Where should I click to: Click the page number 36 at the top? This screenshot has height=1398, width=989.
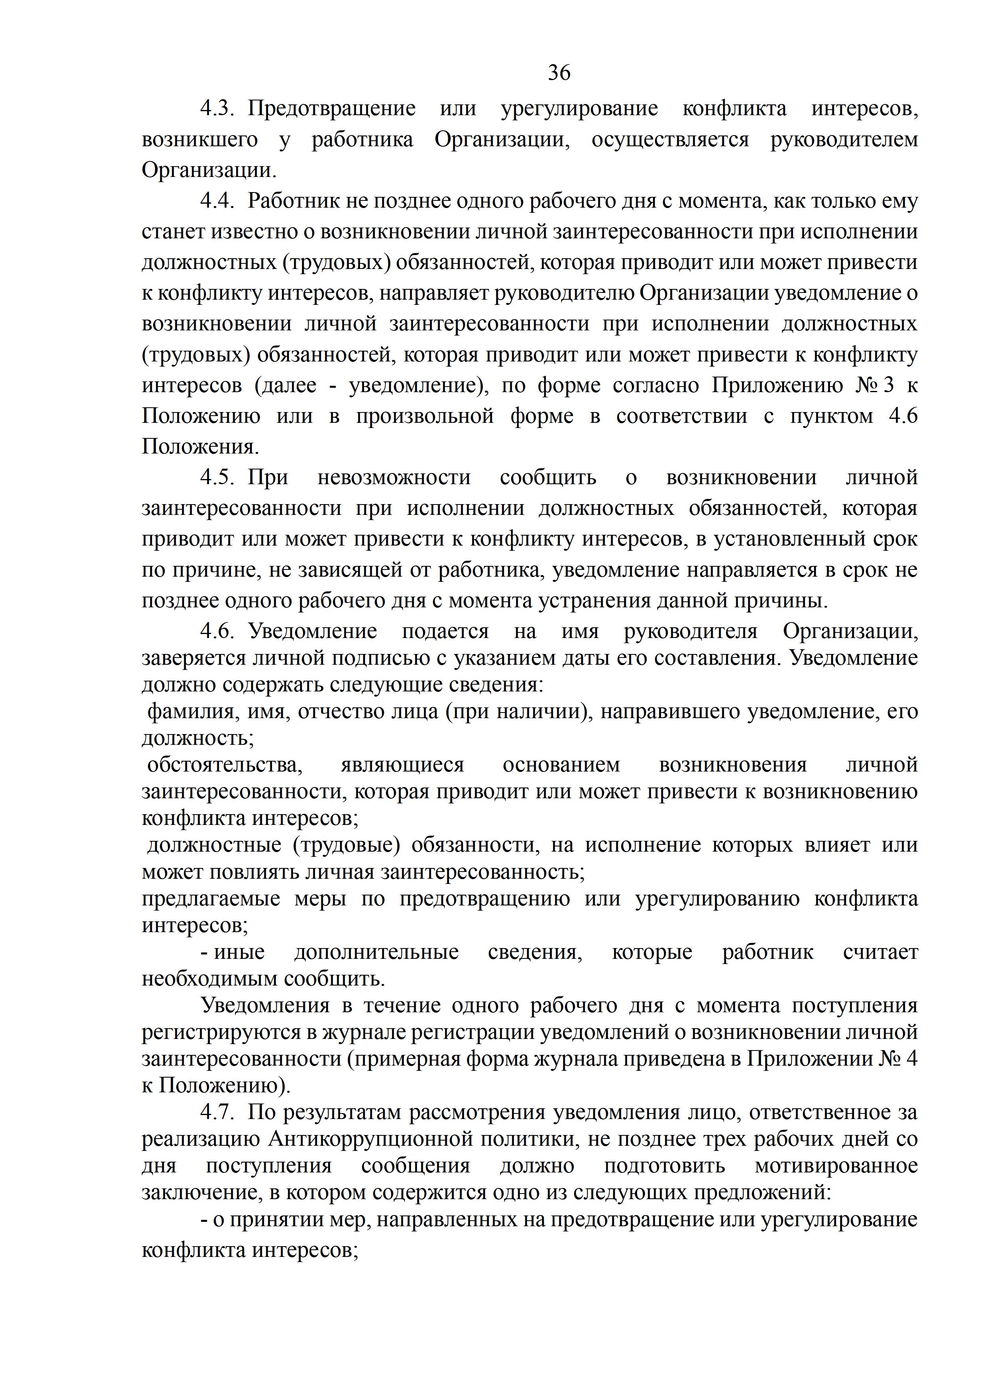pyautogui.click(x=559, y=73)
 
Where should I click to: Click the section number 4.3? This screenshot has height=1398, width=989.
pyautogui.click(x=217, y=109)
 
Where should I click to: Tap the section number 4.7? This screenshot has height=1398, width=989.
pyautogui.click(x=217, y=1112)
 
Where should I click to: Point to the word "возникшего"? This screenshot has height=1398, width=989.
pyautogui.click(x=200, y=140)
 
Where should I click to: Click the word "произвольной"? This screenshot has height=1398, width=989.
pyautogui.click(x=425, y=416)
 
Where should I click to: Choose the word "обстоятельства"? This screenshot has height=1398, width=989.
pyautogui.click(x=225, y=765)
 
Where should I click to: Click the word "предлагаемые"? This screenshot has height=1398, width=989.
pyautogui.click(x=211, y=899)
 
